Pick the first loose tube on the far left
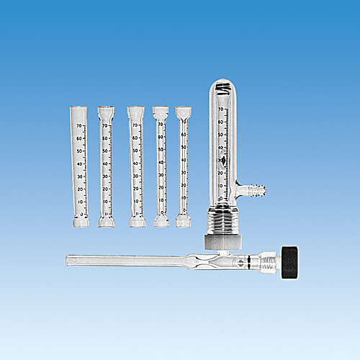tap(81, 166)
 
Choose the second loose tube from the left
tap(107, 166)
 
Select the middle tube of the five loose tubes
tap(135, 166)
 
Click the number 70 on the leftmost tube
tap(78, 126)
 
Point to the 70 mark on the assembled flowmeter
tap(222, 109)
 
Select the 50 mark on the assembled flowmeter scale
tap(222, 135)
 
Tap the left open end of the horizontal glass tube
tap(67, 258)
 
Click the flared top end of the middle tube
tap(135, 112)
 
